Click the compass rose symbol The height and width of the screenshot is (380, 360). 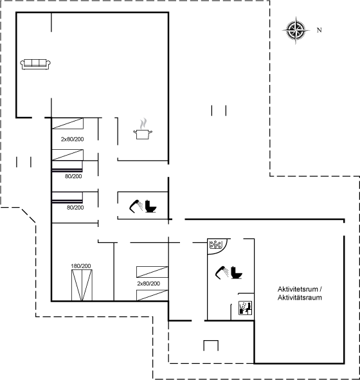coord(296,30)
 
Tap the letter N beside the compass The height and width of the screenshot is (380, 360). coord(319,30)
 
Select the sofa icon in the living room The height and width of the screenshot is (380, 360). coord(35,64)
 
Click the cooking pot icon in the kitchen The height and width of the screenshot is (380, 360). coord(143,134)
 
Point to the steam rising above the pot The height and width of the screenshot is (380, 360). coord(143,123)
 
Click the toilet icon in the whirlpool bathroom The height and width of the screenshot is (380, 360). coord(237,273)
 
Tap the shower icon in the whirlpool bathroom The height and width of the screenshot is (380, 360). coord(222,273)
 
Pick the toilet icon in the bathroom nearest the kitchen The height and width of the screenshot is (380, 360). coord(150,206)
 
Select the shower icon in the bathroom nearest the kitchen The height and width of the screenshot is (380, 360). coord(136,206)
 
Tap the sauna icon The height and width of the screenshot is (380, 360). coord(245,308)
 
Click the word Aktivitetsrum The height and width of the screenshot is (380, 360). coord(298,289)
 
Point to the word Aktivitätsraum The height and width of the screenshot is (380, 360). coord(300,297)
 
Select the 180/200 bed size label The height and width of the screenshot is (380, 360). coord(81,266)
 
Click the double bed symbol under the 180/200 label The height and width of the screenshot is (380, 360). coord(82,285)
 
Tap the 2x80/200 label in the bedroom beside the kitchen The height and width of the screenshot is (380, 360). coord(73,139)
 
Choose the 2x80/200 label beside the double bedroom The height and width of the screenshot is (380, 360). coord(148,284)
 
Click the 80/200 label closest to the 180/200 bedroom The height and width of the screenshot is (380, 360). coord(75,208)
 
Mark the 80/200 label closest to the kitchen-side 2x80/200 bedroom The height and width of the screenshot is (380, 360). coord(73,176)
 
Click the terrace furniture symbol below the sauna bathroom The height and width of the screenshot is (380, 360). coord(211,345)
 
